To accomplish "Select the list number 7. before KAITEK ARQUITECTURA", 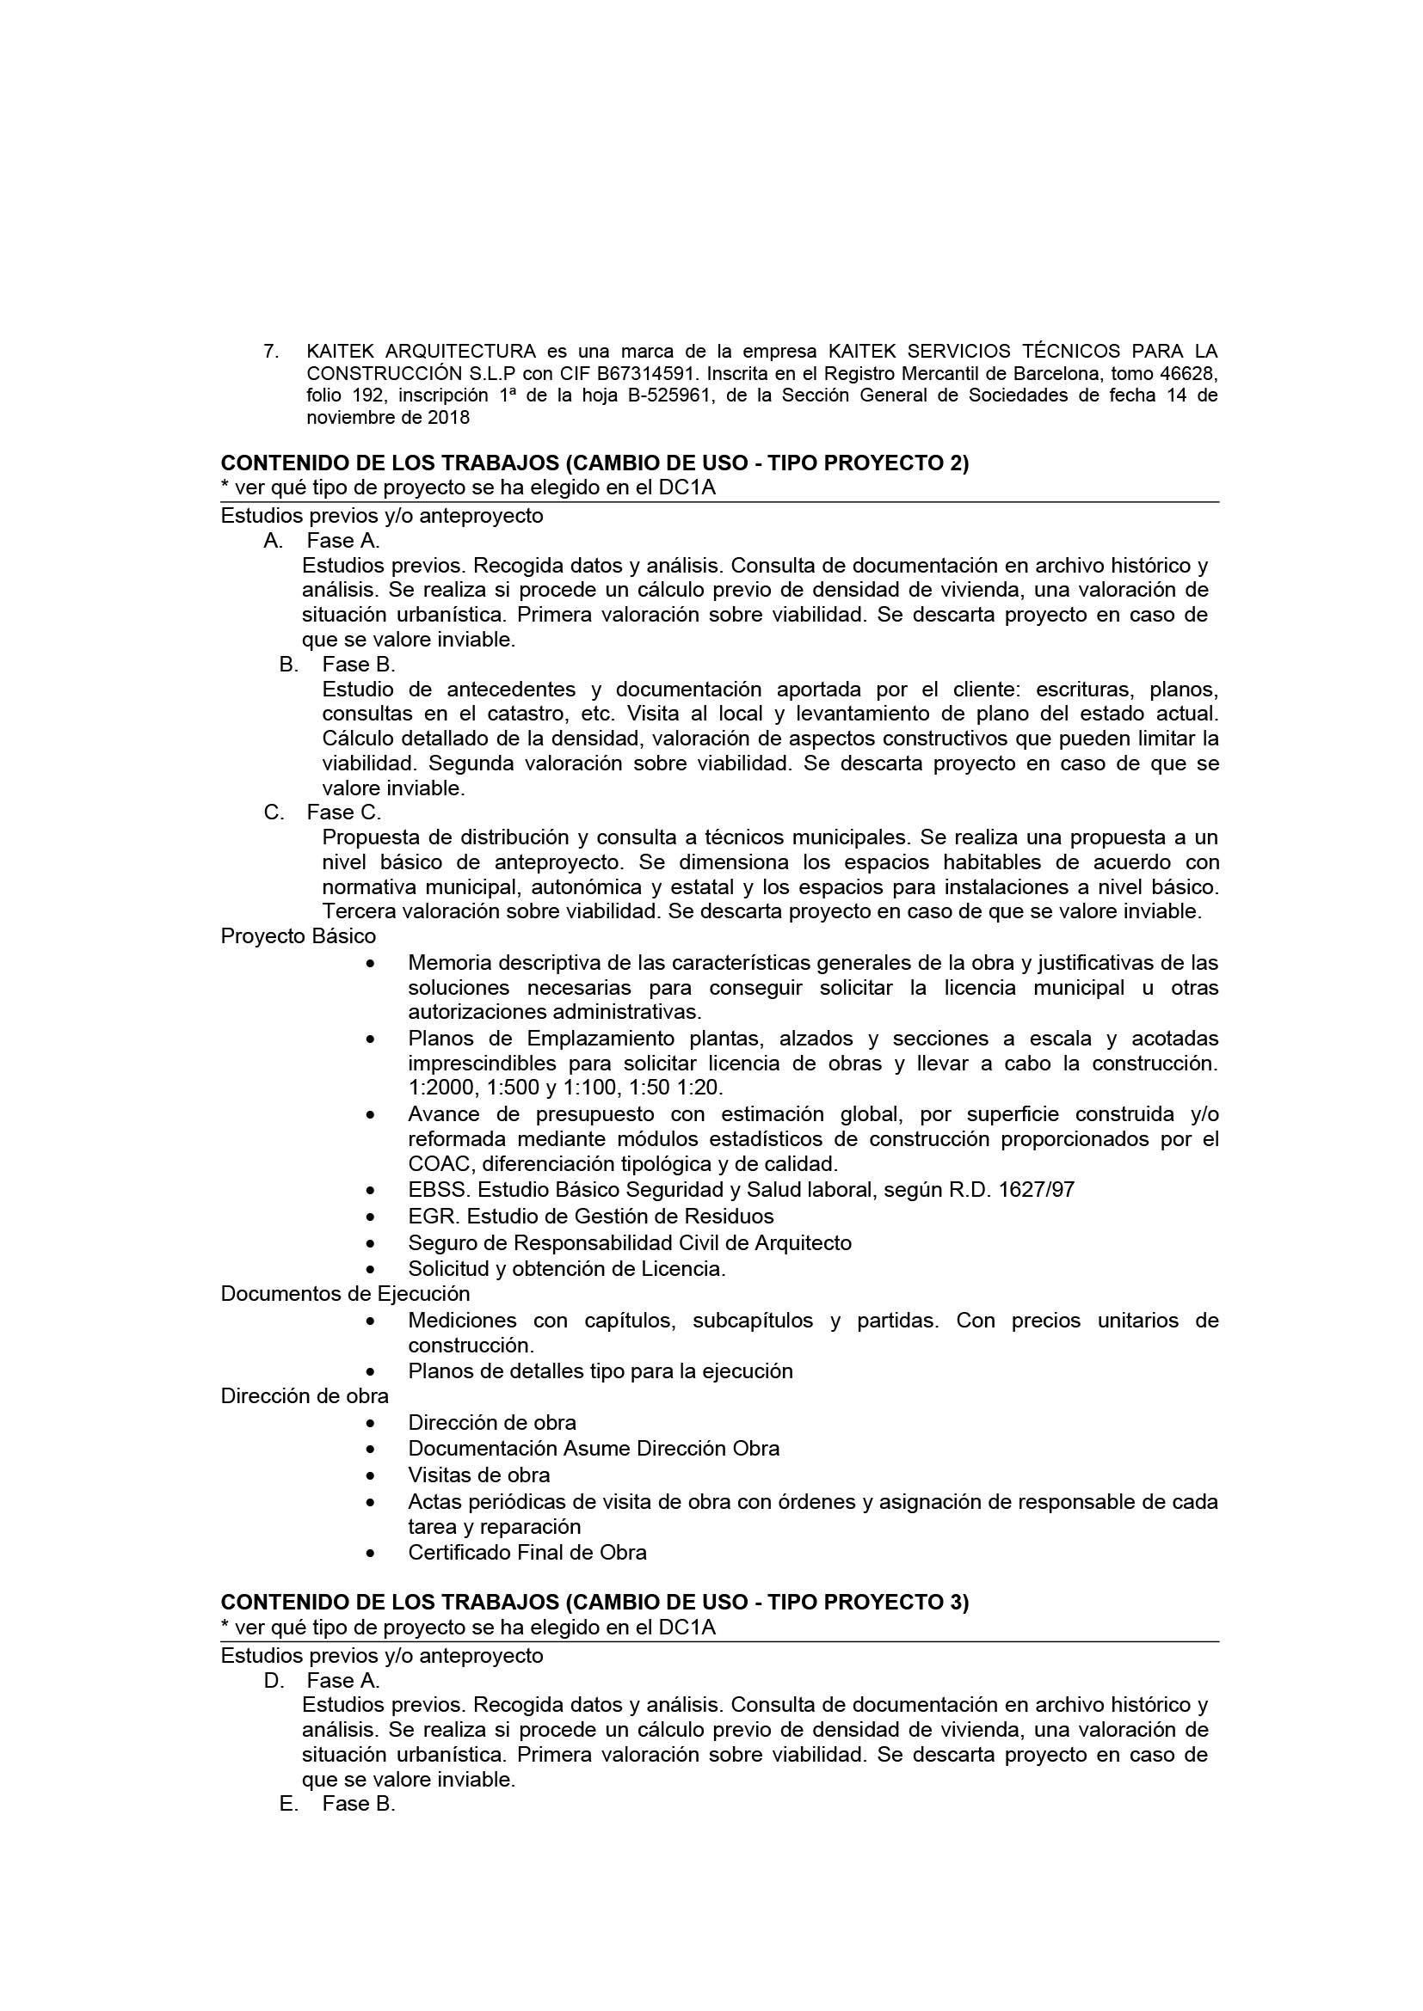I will [271, 352].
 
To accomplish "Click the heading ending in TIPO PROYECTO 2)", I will [595, 463].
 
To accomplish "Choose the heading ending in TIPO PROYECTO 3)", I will [595, 1603].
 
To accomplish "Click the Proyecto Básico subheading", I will [298, 936].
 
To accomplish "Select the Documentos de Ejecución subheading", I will [345, 1295].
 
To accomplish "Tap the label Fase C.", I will [343, 812].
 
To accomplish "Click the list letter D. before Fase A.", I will [274, 1681].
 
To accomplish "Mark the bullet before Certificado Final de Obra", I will [373, 1553].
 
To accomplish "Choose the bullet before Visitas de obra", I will [373, 1476].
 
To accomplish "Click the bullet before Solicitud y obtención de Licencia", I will [373, 1269].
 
